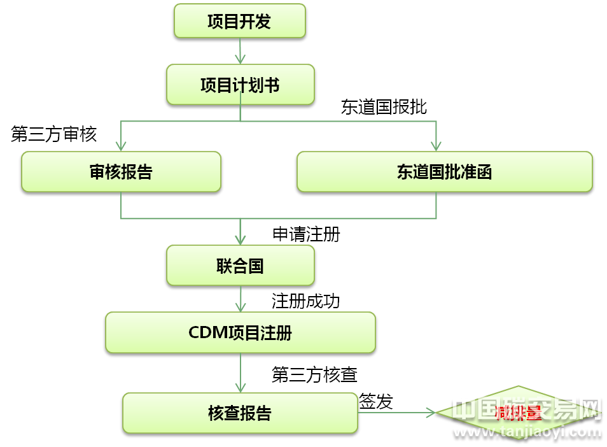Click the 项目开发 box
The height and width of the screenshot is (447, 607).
[240, 22]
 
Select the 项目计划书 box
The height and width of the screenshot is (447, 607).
[240, 85]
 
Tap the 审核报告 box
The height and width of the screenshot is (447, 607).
[121, 172]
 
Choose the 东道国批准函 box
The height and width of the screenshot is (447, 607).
[444, 172]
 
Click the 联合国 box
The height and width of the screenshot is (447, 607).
[240, 266]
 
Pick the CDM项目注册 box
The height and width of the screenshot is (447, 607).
[240, 332]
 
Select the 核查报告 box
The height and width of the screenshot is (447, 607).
[240, 413]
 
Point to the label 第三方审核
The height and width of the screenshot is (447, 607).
[54, 134]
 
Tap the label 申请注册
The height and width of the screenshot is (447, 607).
[306, 234]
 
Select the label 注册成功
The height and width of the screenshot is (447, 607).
[306, 301]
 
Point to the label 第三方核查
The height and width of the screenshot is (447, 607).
[314, 374]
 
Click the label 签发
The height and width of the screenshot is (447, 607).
[376, 402]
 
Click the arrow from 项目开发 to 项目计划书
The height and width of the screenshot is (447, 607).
[240, 51]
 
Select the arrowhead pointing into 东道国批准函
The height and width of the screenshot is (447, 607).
[436, 145]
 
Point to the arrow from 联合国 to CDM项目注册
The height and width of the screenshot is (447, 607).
[240, 298]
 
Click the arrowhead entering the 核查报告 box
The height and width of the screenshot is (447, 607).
[240, 387]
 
